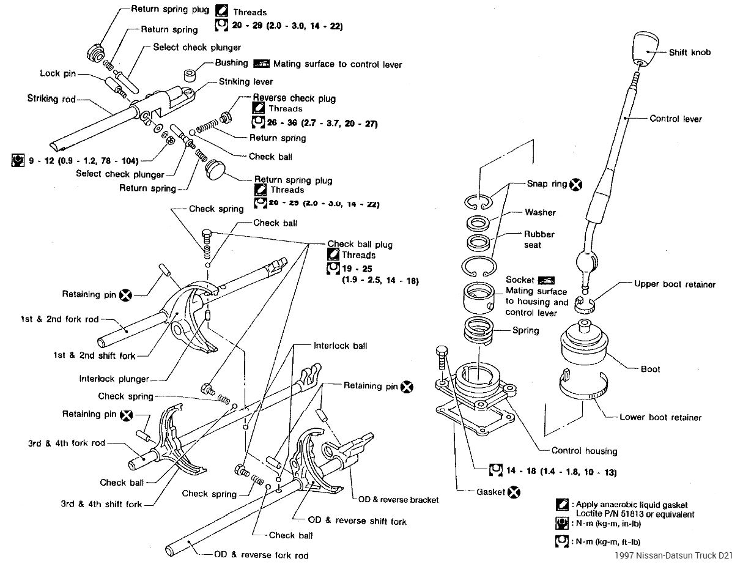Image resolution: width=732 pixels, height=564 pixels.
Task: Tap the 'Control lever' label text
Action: point(676,119)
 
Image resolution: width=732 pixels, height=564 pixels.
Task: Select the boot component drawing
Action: point(583,346)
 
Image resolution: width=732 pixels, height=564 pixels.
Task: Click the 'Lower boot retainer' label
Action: point(660,417)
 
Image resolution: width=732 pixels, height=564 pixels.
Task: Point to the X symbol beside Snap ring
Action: point(575,184)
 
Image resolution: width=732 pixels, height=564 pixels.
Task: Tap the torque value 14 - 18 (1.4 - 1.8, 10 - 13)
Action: point(560,472)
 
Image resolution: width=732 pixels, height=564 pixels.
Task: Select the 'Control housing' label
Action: point(584,451)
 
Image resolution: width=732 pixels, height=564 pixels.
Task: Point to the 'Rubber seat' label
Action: point(539,239)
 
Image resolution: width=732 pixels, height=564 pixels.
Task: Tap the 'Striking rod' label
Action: point(51,98)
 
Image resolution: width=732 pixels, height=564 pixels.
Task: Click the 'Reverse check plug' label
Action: point(294,98)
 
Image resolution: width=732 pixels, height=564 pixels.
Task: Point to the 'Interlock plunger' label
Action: point(114,379)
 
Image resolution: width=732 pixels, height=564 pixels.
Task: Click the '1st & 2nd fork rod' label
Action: point(58,319)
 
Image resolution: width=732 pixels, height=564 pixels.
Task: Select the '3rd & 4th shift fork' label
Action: point(101,504)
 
